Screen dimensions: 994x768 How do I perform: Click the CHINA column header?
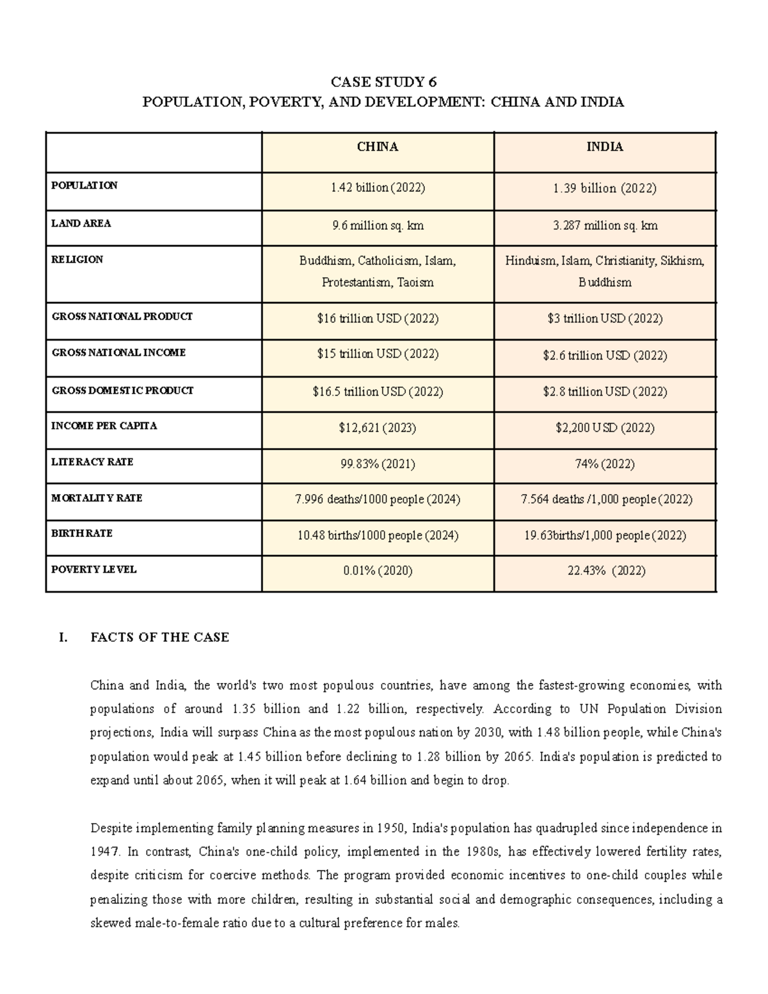(378, 147)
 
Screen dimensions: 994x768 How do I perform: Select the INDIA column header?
(605, 147)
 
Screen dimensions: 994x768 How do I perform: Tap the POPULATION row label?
(84, 186)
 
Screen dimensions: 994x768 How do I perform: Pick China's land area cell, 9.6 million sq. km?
(378, 225)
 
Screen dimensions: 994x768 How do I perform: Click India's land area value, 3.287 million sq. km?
(605, 225)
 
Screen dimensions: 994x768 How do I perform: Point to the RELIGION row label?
(77, 260)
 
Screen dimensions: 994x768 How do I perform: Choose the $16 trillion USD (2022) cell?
(378, 318)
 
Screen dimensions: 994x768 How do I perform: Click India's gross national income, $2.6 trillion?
(605, 355)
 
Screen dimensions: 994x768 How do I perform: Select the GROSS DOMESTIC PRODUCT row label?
(122, 390)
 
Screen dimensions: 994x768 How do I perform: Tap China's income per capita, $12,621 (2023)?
(378, 428)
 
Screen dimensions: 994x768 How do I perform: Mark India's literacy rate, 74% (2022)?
(605, 464)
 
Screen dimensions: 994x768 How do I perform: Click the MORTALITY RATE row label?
(97, 498)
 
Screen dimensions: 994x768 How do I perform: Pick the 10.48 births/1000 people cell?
(378, 535)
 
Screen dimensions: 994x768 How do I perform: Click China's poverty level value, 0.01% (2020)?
(378, 570)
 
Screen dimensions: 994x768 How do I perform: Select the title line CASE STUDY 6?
(383, 82)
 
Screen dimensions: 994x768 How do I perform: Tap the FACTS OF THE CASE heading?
(160, 637)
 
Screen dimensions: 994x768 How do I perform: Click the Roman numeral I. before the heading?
(63, 637)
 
